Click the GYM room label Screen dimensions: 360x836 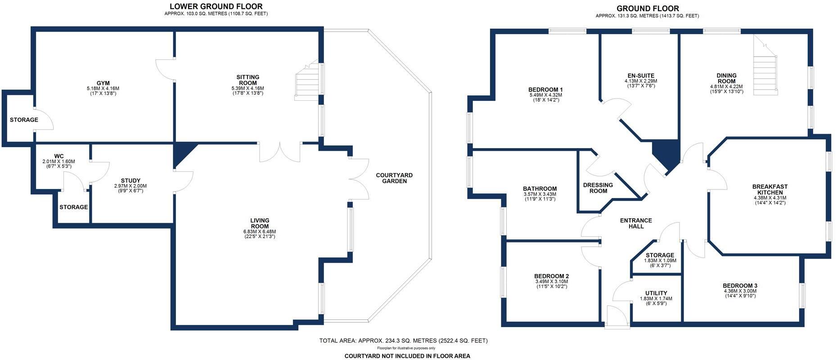click(x=103, y=83)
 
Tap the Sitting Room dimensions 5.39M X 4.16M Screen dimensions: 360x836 click(x=247, y=88)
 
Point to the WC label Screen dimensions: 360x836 click(x=58, y=156)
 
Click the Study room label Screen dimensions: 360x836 click(x=130, y=180)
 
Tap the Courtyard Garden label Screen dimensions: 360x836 click(x=394, y=178)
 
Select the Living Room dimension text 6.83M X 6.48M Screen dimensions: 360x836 click(x=260, y=231)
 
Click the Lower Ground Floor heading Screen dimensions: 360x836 click(x=216, y=6)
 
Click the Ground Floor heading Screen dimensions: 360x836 click(x=647, y=8)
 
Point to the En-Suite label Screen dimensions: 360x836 click(x=641, y=76)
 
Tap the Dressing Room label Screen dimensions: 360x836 click(x=598, y=188)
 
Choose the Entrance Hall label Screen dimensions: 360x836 click(x=636, y=223)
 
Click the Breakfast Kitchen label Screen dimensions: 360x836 click(x=770, y=189)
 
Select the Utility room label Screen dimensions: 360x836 click(x=656, y=293)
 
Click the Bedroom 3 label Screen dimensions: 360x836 click(x=740, y=285)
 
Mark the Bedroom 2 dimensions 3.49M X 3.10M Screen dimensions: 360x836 click(x=552, y=282)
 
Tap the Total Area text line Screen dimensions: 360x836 click(x=403, y=341)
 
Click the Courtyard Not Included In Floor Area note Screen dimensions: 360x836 click(x=407, y=356)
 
